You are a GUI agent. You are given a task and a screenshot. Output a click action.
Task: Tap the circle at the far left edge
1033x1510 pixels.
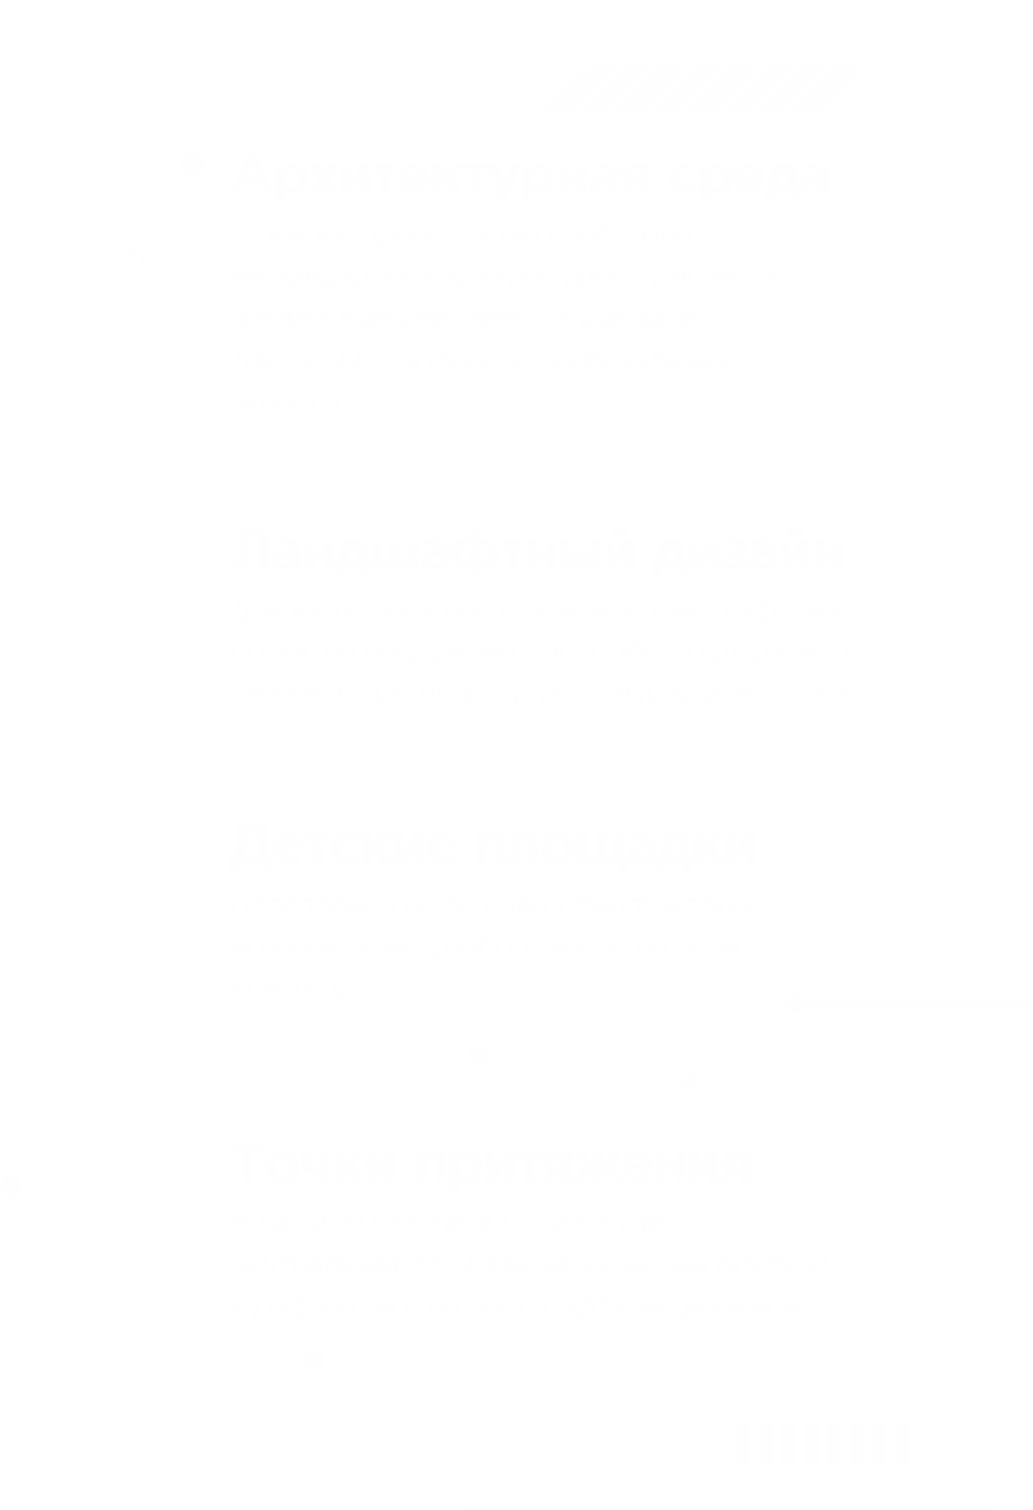[x=11, y=1187]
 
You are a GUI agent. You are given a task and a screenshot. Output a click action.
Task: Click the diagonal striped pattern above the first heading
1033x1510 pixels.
[x=695, y=90]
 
